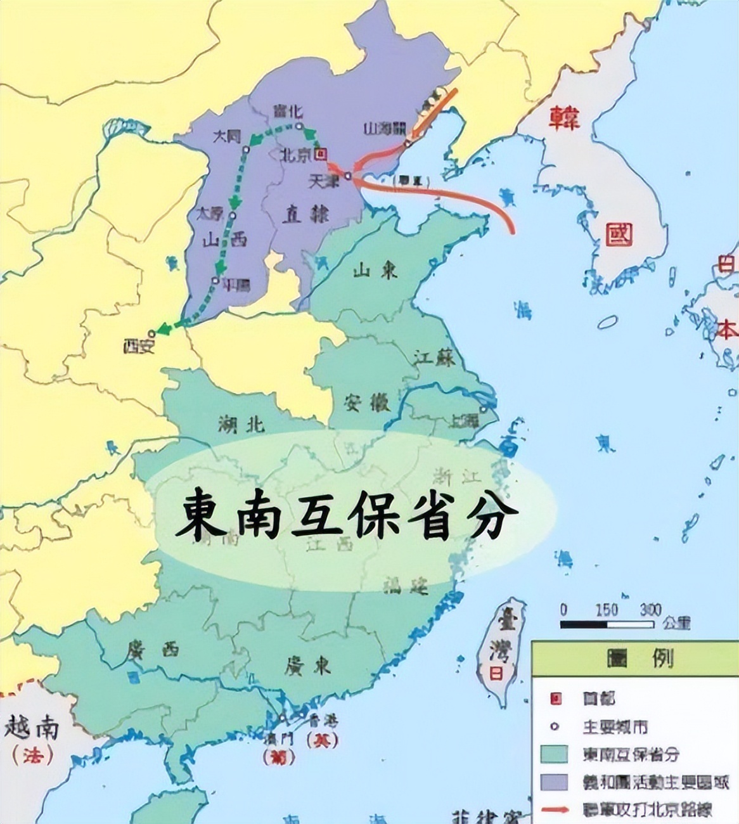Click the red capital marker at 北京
pos(322,153)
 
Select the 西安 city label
pos(139,345)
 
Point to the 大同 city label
pos(228,136)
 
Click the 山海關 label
pos(385,128)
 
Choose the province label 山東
pos(375,271)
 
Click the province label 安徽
pos(367,402)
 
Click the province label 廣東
pos(307,666)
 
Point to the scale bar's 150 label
pos(606,610)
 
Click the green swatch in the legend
pos(554,754)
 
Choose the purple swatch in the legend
pos(554,782)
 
